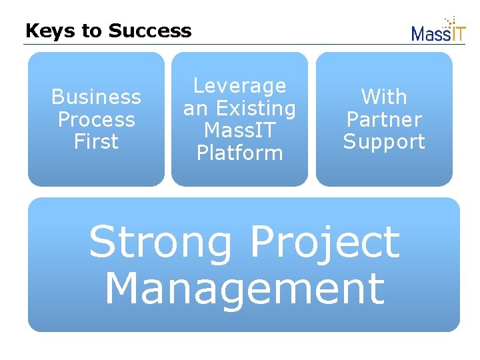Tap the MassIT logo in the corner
[x=437, y=31]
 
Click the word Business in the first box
[x=96, y=97]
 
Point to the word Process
[x=96, y=120]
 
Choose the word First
[x=96, y=142]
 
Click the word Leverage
[x=239, y=86]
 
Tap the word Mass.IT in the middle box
[x=239, y=131]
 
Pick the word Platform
[x=239, y=153]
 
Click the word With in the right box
[x=384, y=97]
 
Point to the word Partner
[x=384, y=120]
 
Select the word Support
[x=384, y=142]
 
